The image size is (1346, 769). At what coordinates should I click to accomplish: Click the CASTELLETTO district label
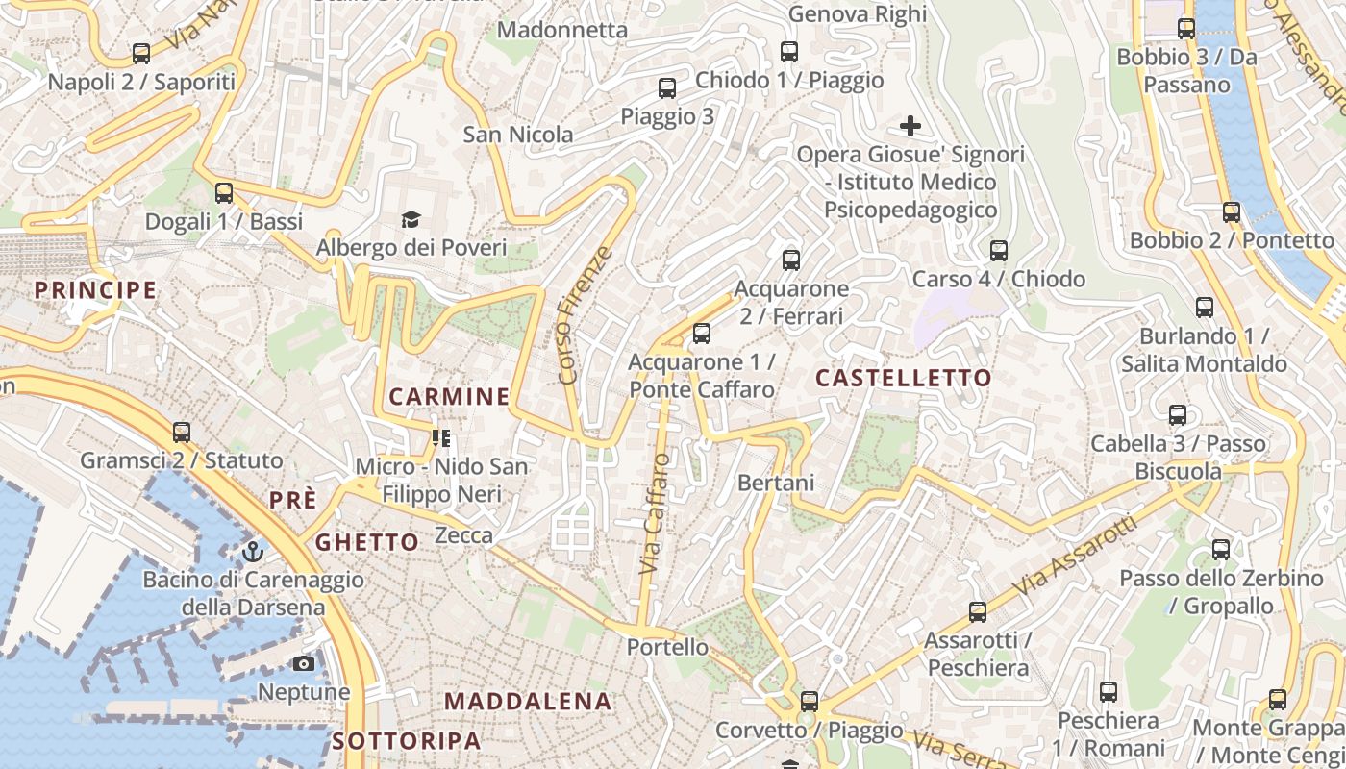click(x=903, y=378)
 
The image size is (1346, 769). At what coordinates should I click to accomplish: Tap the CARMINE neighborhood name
click(x=449, y=396)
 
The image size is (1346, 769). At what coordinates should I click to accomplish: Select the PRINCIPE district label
click(x=95, y=289)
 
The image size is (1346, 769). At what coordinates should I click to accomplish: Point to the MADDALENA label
click(x=528, y=701)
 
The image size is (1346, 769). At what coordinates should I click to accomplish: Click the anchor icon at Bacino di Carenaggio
click(x=253, y=552)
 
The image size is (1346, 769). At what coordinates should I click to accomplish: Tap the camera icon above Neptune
click(x=304, y=664)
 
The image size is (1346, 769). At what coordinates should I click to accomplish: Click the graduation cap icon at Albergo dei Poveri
click(x=411, y=219)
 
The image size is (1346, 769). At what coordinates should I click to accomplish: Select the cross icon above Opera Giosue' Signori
click(x=910, y=126)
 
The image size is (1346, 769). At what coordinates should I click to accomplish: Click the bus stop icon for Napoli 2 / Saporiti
click(x=141, y=54)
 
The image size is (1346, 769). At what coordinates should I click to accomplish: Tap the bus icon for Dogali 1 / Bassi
click(x=224, y=193)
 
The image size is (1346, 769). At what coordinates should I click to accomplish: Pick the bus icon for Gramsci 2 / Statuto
click(x=182, y=433)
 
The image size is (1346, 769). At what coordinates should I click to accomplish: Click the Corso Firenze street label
click(x=584, y=315)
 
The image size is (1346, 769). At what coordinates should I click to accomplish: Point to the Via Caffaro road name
click(x=654, y=513)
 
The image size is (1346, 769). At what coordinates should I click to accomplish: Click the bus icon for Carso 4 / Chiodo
click(x=999, y=251)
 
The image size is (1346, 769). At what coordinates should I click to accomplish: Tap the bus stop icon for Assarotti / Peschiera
click(x=978, y=611)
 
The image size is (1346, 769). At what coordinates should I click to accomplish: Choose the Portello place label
click(x=667, y=647)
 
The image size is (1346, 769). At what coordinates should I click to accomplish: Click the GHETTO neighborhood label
click(x=367, y=542)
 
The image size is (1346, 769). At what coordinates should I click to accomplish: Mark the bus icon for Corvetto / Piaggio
click(x=810, y=702)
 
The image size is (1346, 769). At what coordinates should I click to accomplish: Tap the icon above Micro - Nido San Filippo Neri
click(x=441, y=438)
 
